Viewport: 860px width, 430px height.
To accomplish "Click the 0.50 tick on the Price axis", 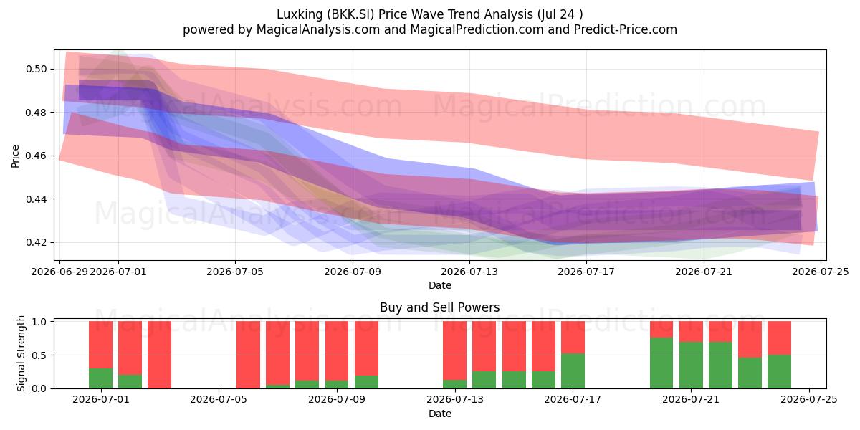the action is click(36, 69).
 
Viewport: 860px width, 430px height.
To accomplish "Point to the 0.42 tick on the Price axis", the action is click(36, 243).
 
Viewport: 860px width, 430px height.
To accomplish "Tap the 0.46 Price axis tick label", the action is click(36, 156).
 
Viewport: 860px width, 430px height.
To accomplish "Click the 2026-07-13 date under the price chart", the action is click(469, 272).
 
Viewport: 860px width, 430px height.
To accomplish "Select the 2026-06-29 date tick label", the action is click(59, 272).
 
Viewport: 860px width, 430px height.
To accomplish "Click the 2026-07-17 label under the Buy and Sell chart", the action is click(573, 399).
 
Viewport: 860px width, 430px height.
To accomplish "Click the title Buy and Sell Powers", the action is click(440, 307).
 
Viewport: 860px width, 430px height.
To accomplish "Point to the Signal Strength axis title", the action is click(21, 353).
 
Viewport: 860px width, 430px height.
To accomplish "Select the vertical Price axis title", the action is click(15, 156).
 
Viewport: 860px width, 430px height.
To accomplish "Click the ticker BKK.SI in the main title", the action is click(350, 14).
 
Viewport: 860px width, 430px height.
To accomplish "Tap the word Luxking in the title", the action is click(300, 14).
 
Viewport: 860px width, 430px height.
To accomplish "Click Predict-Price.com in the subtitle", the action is click(626, 29).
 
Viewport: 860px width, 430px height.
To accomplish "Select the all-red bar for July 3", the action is click(159, 355).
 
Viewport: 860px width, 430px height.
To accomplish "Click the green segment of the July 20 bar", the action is click(661, 363).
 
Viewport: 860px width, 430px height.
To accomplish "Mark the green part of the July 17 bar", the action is click(573, 371).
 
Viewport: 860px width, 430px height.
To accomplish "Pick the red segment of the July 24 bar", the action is click(780, 338).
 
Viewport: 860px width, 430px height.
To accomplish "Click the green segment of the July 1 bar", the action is click(100, 378).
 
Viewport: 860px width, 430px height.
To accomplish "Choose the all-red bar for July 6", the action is click(248, 355).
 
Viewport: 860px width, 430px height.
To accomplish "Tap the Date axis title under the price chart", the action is click(440, 285).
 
